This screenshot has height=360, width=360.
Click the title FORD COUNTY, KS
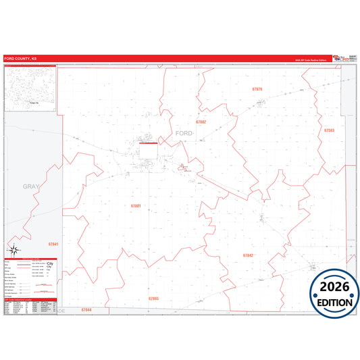tap(19, 59)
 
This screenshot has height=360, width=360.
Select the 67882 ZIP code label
tap(201, 122)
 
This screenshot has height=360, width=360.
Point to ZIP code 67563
tap(329, 130)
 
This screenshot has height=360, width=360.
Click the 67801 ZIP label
tap(136, 205)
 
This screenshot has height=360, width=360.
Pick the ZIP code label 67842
tap(248, 255)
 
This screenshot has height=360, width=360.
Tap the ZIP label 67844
tap(86, 309)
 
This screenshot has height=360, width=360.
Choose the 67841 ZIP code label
tap(54, 244)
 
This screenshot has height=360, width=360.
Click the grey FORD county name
tap(184, 133)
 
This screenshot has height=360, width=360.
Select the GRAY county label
tap(32, 186)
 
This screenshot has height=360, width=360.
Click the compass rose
tap(13, 251)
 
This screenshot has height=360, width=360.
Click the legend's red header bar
tap(31, 259)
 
